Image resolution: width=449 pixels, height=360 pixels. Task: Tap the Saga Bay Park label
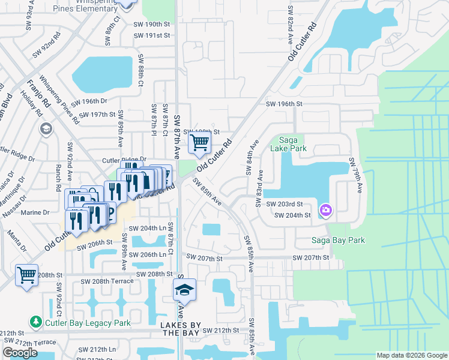(x=337, y=241)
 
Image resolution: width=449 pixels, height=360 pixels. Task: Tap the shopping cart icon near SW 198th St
(x=199, y=143)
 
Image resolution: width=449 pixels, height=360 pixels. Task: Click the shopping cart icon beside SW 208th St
(x=26, y=275)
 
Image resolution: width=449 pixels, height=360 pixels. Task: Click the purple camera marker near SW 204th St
(x=326, y=210)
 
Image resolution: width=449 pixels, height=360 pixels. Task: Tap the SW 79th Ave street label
(x=355, y=175)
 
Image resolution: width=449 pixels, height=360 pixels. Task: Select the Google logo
(x=20, y=353)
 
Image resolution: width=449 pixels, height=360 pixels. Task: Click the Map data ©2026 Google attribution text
(x=411, y=355)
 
